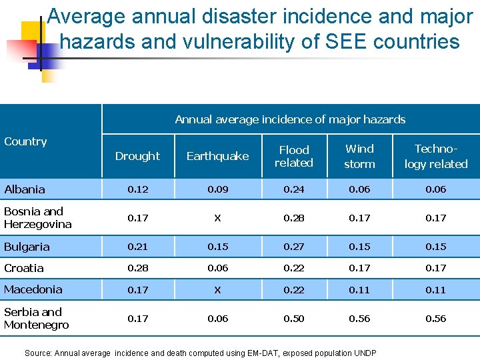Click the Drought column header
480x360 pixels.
(137, 156)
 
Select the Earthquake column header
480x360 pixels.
(217, 156)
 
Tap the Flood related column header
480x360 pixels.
(294, 156)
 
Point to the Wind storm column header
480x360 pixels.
(359, 156)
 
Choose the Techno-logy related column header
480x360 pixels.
(436, 156)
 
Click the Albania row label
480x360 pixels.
(25, 189)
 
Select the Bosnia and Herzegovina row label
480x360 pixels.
(37, 218)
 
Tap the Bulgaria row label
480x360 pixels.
(27, 247)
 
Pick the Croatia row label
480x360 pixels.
(24, 268)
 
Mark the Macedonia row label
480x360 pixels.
(33, 289)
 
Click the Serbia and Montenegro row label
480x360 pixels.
(36, 318)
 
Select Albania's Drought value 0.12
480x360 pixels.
(137, 189)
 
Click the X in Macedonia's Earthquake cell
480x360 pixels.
(217, 290)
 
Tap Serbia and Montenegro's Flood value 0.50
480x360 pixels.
(294, 319)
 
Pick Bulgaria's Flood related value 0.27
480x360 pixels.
(294, 247)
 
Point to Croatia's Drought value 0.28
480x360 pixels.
(137, 268)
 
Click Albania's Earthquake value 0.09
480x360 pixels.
(217, 189)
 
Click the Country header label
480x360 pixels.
(25, 141)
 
